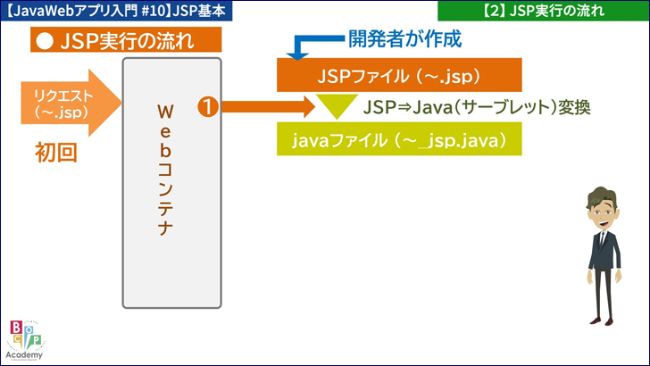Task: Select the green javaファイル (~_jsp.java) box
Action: pyautogui.click(x=398, y=140)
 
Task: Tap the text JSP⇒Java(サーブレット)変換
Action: pyautogui.click(x=478, y=107)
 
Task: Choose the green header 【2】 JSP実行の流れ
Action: pyautogui.click(x=542, y=11)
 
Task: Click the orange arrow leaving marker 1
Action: pyautogui.click(x=268, y=107)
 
